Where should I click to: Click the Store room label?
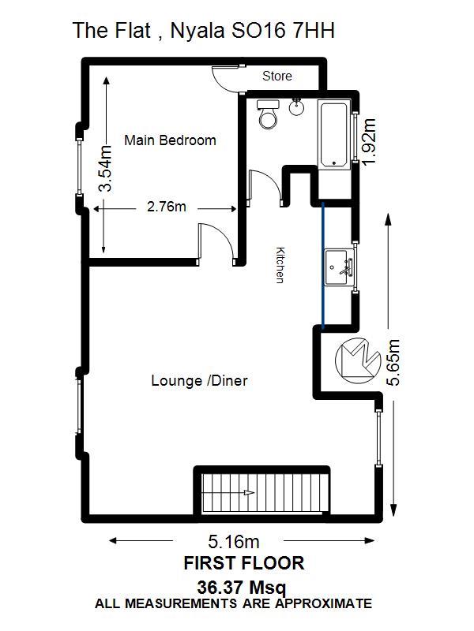pyautogui.click(x=277, y=76)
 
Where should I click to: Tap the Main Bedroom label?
pyautogui.click(x=170, y=140)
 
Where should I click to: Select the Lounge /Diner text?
pyautogui.click(x=199, y=381)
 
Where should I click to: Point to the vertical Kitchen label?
pyautogui.click(x=280, y=265)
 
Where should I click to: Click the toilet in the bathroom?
pyautogui.click(x=268, y=114)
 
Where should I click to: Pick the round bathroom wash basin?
pyautogui.click(x=297, y=107)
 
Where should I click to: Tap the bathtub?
pyautogui.click(x=333, y=134)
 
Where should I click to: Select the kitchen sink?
pyautogui.click(x=340, y=267)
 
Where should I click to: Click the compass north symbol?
pyautogui.click(x=358, y=360)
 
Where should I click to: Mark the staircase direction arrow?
pyautogui.click(x=249, y=492)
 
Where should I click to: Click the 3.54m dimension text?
pyautogui.click(x=106, y=168)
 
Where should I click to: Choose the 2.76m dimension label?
pyautogui.click(x=167, y=207)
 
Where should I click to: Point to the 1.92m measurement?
pyautogui.click(x=369, y=141)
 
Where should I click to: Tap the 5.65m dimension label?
pyautogui.click(x=393, y=363)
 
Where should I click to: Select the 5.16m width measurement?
pyautogui.click(x=233, y=542)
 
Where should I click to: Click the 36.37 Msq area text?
pyautogui.click(x=242, y=588)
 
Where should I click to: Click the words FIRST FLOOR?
pyautogui.click(x=244, y=563)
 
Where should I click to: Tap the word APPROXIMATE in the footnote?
pyautogui.click(x=324, y=603)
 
